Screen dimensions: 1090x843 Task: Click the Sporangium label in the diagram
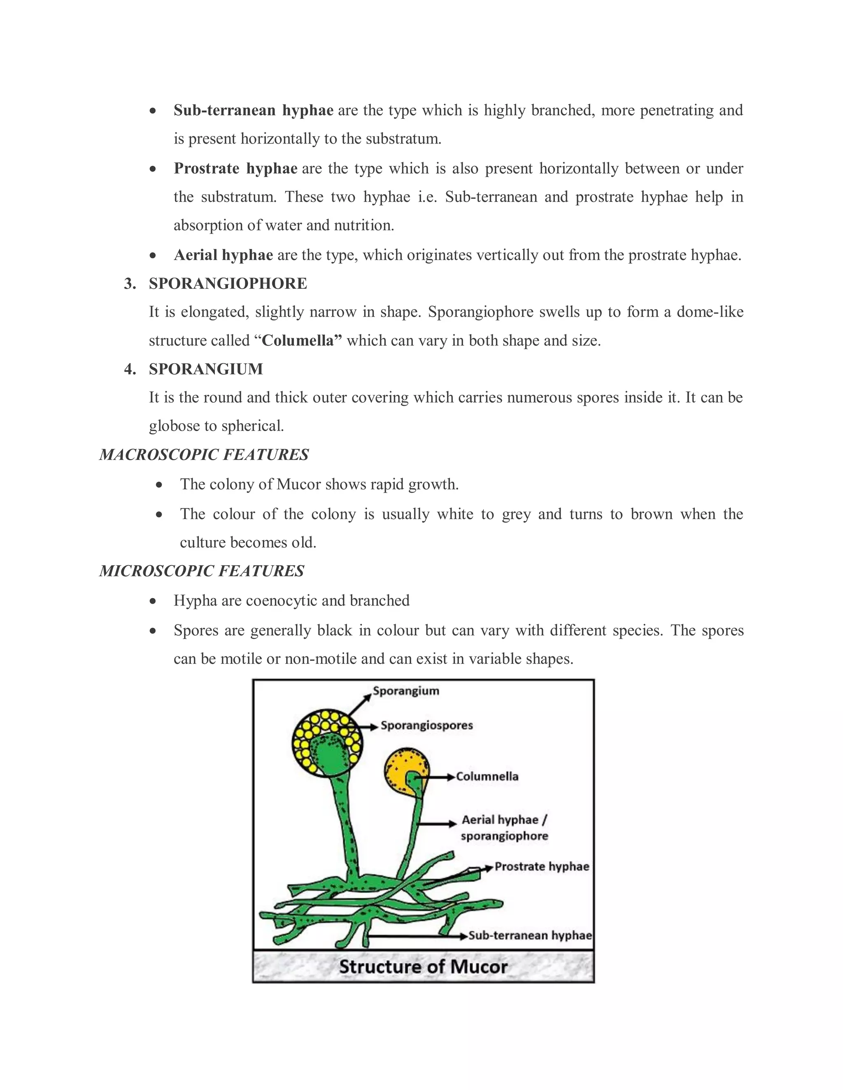405,691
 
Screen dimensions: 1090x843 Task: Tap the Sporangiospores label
426,726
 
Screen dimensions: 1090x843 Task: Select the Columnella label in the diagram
487,777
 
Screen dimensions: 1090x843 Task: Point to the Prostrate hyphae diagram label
541,866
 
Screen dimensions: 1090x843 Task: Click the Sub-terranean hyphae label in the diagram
530,935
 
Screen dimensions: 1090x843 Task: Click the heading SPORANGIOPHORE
228,283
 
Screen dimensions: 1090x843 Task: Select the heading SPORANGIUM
206,369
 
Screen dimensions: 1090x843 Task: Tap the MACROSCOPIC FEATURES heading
204,455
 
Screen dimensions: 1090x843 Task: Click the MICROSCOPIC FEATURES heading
202,571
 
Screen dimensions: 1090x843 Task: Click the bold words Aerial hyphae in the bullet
223,255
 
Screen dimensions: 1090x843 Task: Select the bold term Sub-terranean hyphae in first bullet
253,110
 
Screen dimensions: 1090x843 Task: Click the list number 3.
130,283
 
